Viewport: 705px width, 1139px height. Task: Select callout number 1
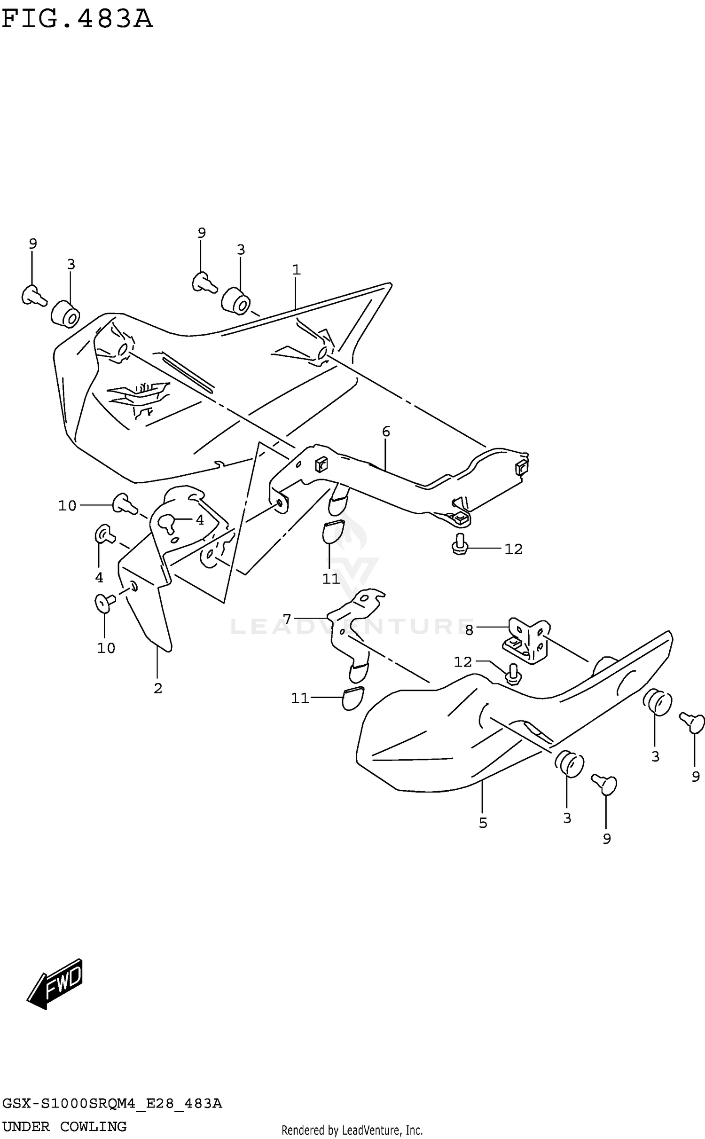pos(296,270)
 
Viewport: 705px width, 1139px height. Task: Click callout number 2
pos(158,688)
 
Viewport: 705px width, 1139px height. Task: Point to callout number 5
pos(483,823)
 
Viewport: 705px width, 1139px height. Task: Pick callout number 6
pos(386,431)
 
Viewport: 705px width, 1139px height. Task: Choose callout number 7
pos(287,619)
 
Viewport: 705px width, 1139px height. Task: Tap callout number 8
pos(469,630)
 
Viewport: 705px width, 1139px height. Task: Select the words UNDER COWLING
pos(64,1127)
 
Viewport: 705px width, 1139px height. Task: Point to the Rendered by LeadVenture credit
pos(352,1130)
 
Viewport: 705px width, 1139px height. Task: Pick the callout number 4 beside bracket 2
pos(200,520)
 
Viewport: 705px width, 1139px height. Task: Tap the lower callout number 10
pos(106,648)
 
